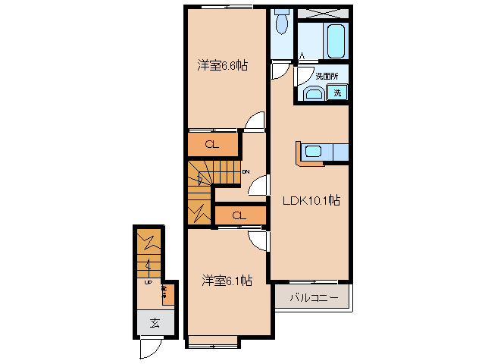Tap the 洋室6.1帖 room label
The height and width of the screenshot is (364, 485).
pyautogui.click(x=227, y=281)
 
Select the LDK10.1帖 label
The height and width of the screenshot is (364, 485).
pyautogui.click(x=311, y=201)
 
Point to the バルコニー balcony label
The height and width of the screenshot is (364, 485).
pyautogui.click(x=312, y=297)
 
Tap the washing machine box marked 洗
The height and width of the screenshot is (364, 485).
pyautogui.click(x=338, y=93)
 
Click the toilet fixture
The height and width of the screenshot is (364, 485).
pyautogui.click(x=282, y=24)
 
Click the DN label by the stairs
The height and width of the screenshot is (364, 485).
pyautogui.click(x=246, y=172)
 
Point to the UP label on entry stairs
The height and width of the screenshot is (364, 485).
pyautogui.click(x=149, y=281)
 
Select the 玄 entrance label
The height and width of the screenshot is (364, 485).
pyautogui.click(x=155, y=323)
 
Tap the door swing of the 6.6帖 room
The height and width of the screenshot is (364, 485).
pyautogui.click(x=255, y=122)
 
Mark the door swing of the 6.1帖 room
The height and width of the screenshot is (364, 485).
pyautogui.click(x=258, y=241)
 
